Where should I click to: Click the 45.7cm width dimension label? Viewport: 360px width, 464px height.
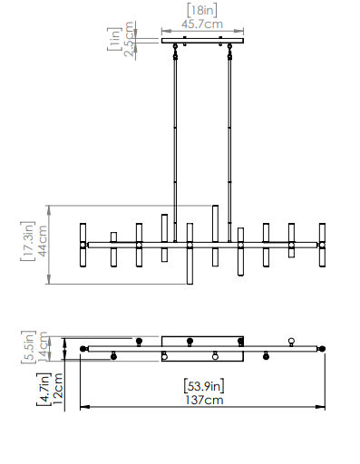point(202,24)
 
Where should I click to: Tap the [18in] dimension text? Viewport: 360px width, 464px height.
point(202,10)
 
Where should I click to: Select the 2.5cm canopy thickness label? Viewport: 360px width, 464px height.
point(129,39)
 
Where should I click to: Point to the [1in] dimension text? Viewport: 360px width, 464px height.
point(114,39)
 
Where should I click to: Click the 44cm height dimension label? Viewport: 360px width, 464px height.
point(43,241)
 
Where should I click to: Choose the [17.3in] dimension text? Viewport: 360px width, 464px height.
point(28,241)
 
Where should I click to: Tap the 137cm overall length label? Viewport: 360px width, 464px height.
point(204,401)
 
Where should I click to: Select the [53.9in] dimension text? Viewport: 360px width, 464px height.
point(204,386)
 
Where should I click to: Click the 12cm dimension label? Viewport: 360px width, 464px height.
point(57,389)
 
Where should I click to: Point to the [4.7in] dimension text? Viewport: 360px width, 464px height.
point(44,389)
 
